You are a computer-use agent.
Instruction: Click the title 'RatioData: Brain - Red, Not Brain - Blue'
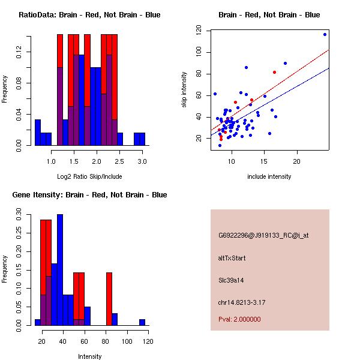tap(89, 15)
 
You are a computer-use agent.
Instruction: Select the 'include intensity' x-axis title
tap(269, 176)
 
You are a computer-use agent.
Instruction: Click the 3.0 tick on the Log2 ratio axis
tap(142, 161)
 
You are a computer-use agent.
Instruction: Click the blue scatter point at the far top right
tap(325, 34)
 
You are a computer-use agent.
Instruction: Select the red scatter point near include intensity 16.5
tap(274, 72)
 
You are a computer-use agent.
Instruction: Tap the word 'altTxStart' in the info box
tap(232, 258)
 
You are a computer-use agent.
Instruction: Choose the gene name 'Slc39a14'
tap(231, 280)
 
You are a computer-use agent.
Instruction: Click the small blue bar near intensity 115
tap(142, 322)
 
